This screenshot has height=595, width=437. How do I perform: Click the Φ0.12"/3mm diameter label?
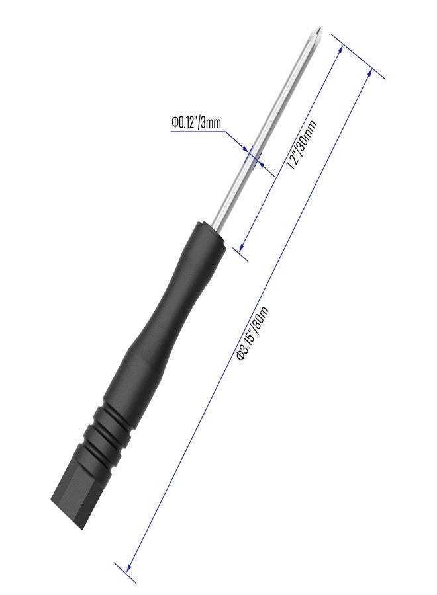[x=196, y=123]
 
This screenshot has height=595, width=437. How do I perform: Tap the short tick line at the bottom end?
[x=126, y=573]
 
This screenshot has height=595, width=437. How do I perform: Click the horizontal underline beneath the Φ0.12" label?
[x=199, y=132]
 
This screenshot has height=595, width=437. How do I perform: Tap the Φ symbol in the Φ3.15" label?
[x=241, y=356]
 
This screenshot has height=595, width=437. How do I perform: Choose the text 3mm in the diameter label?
[x=211, y=123]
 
